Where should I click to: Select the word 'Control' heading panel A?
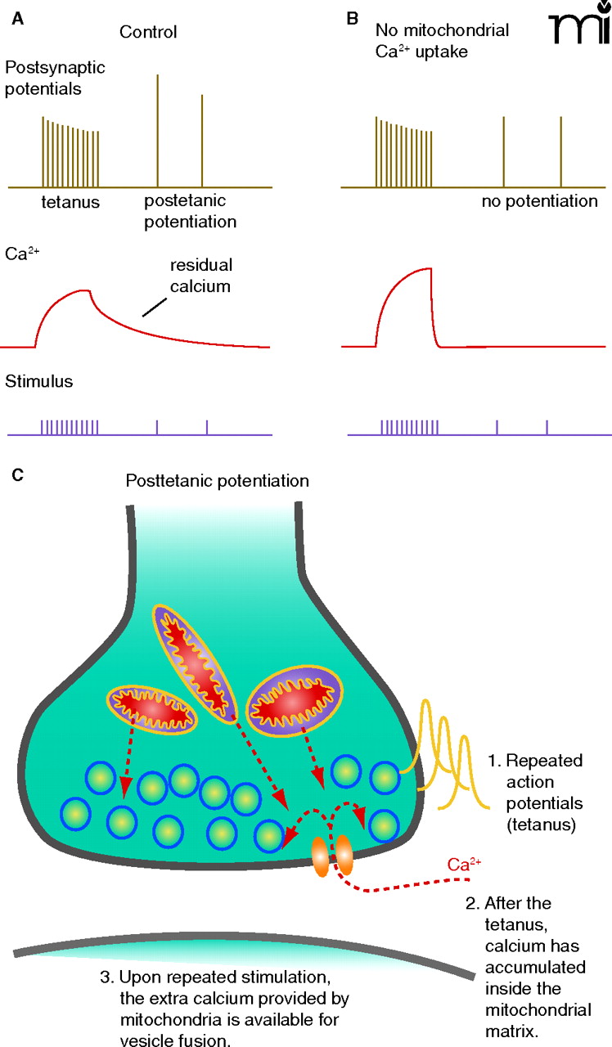[x=148, y=33]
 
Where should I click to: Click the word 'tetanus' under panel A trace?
[x=71, y=202]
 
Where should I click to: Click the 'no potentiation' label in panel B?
[x=539, y=201]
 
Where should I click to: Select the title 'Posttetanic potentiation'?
[x=217, y=480]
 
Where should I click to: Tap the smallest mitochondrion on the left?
[x=153, y=708]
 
